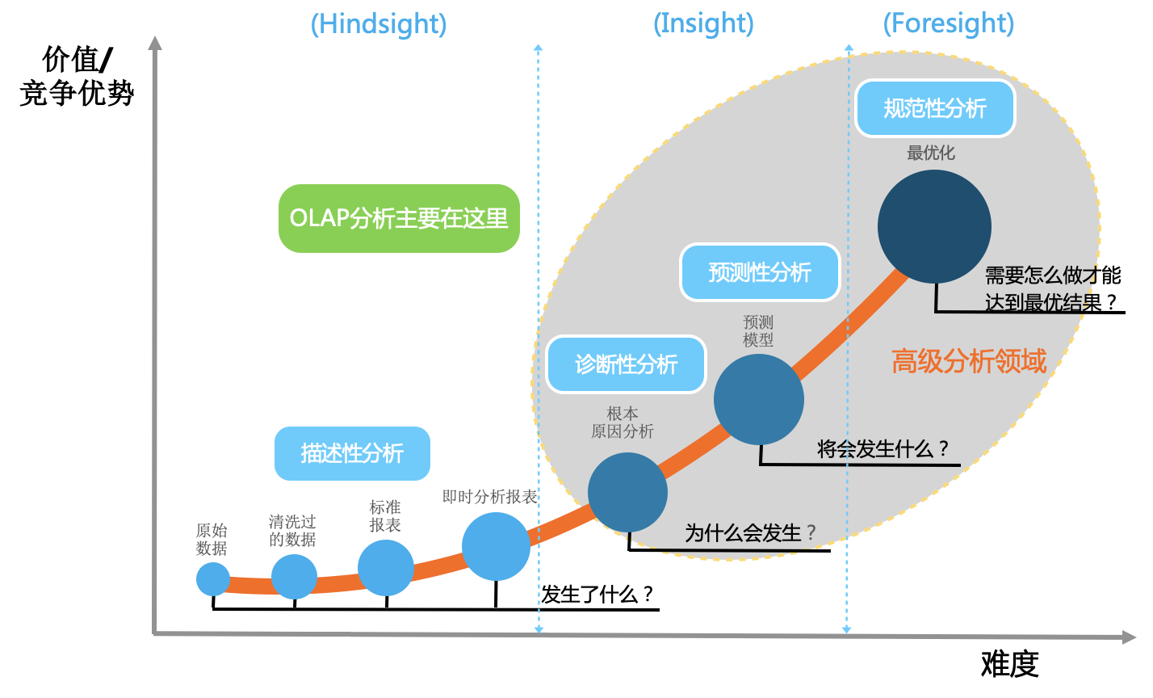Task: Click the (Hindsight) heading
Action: [379, 24]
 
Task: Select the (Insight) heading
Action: [703, 23]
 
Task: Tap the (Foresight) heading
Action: [949, 23]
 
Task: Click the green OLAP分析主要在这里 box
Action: [399, 218]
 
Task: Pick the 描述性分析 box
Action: [352, 453]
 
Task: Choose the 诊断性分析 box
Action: [626, 364]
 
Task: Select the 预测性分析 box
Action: [760, 272]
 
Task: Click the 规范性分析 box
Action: [935, 108]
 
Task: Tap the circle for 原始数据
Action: [213, 579]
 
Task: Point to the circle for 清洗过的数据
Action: [294, 577]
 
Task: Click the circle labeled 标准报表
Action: [385, 568]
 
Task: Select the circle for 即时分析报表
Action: [496, 547]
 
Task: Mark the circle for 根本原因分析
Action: [627, 493]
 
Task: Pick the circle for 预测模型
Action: [759, 399]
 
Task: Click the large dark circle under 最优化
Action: [934, 227]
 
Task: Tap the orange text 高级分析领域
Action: [969, 361]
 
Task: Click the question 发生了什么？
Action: [597, 595]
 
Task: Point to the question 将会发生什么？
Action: [883, 448]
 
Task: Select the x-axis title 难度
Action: [1009, 665]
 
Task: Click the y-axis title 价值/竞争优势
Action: [77, 76]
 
